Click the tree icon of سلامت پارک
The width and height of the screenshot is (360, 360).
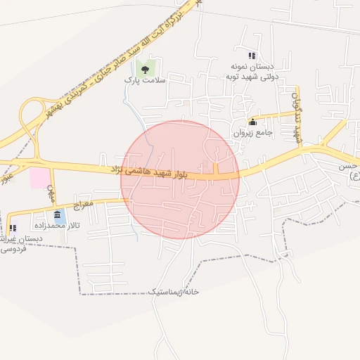point(146,69)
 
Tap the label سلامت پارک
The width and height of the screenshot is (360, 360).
point(146,81)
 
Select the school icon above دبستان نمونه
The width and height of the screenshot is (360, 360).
point(252,56)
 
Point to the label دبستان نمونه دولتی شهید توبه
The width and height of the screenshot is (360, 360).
point(254,72)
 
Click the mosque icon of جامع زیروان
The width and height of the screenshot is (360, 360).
point(252,122)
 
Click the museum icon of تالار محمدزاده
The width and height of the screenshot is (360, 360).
point(56,214)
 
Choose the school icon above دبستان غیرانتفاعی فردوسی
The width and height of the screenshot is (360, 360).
point(13,228)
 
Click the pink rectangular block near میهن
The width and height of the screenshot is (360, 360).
point(39,177)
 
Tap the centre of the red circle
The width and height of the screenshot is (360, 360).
point(180,179)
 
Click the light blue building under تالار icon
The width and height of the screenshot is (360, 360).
point(61,219)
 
